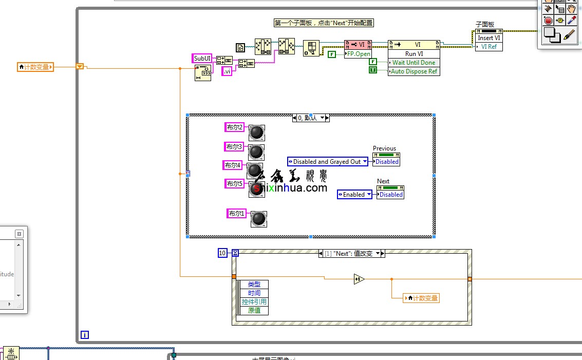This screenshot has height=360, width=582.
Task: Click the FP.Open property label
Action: tap(358, 54)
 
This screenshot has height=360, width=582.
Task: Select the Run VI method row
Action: tap(414, 54)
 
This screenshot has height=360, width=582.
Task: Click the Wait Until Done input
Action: tap(414, 63)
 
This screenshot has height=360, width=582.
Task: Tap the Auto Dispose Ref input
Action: tap(414, 71)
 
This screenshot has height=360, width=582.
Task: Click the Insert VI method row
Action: tap(489, 38)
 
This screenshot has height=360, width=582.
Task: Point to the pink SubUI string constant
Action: tap(202, 58)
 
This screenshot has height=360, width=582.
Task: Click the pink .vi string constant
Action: tap(227, 72)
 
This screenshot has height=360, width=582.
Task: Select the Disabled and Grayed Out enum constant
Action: tap(328, 162)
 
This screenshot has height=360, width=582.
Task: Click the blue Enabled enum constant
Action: tap(354, 195)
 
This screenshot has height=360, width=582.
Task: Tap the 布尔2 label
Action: tap(235, 127)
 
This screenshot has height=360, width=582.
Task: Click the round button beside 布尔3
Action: tap(256, 152)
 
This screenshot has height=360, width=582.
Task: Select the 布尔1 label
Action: tap(237, 213)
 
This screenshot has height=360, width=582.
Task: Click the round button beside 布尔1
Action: tap(258, 219)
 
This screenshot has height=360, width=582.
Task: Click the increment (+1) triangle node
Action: tap(359, 279)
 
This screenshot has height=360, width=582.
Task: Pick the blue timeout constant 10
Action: tap(222, 253)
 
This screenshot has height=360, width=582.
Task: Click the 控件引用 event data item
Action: tap(254, 302)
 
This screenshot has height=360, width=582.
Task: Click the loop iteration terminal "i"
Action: tap(85, 335)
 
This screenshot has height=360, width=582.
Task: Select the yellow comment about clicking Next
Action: tap(323, 23)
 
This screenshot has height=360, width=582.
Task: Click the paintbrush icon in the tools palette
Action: tap(569, 34)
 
